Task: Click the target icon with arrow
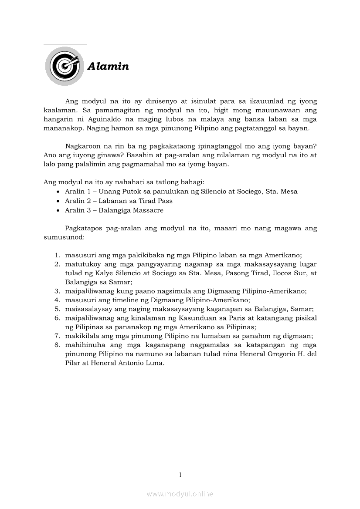pos(65,66)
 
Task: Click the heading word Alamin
pos(108,67)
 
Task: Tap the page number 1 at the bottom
pos(180,475)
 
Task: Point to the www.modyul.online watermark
pos(180,494)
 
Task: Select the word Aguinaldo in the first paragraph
pos(94,119)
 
